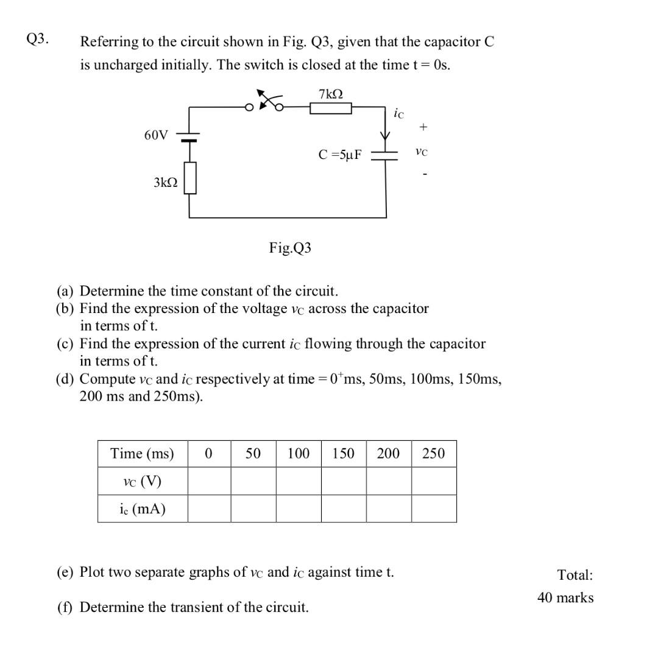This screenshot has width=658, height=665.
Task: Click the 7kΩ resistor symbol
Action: [x=331, y=108]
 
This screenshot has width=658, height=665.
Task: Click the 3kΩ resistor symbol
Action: [x=190, y=178]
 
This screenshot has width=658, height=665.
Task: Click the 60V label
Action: [x=156, y=135]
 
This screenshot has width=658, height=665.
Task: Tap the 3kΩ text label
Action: [x=165, y=182]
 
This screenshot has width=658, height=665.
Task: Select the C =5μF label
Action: [x=339, y=155]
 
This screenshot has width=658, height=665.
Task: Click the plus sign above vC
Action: [x=423, y=127]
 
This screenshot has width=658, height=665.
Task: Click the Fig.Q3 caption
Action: [x=290, y=248]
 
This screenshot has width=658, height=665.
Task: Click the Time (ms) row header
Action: [x=142, y=454]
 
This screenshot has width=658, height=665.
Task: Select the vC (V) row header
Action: [x=142, y=481]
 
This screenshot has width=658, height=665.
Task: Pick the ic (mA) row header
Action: [x=142, y=508]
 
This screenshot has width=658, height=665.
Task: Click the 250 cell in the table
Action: [x=433, y=454]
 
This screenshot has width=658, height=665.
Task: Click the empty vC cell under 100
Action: [x=299, y=481]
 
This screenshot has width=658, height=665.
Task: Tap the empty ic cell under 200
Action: [x=389, y=508]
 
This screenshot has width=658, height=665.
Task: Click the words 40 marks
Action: [x=565, y=597]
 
